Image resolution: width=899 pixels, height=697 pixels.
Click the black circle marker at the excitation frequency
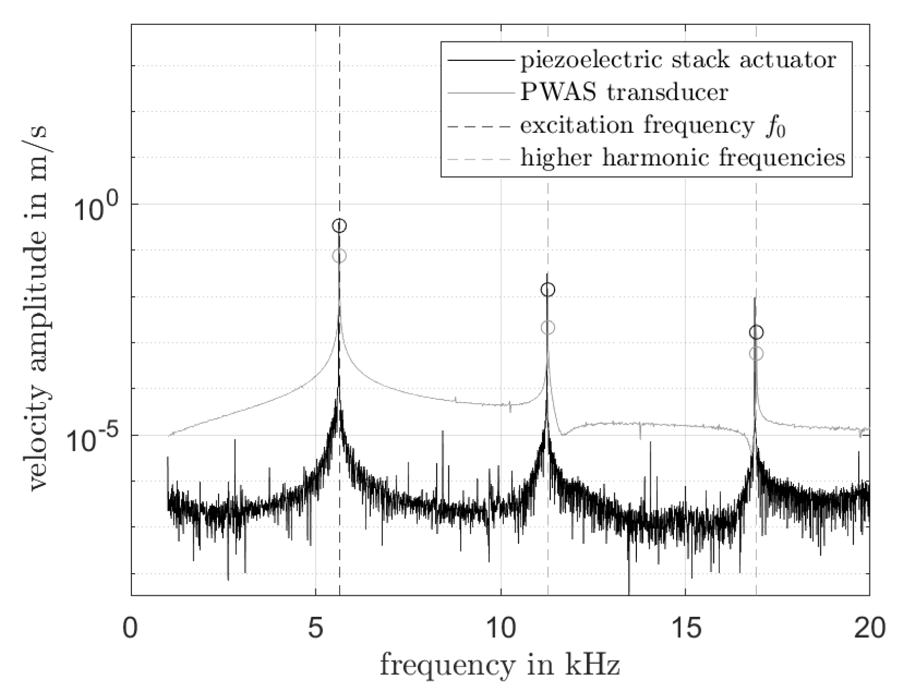pyautogui.click(x=339, y=226)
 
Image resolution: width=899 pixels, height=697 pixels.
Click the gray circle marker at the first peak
pyautogui.click(x=339, y=256)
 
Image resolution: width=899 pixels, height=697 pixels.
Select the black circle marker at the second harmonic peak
pyautogui.click(x=547, y=290)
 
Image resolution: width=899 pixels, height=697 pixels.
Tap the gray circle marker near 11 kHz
pyautogui.click(x=547, y=327)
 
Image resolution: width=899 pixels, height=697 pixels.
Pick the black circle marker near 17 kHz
pyautogui.click(x=756, y=333)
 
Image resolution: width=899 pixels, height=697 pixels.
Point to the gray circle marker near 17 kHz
pyautogui.click(x=756, y=354)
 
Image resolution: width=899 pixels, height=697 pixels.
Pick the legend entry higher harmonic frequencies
pyautogui.click(x=683, y=159)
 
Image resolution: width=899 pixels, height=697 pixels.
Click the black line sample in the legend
pyautogui.click(x=478, y=60)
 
